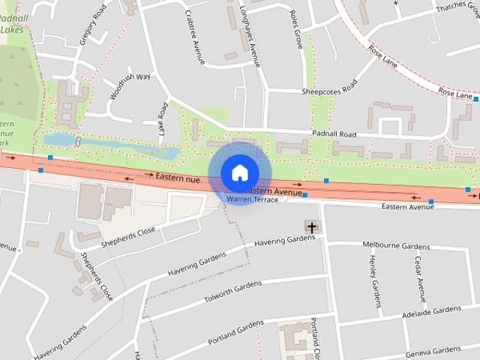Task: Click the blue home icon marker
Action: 239,173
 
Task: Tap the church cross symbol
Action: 311,226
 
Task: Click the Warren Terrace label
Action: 253,200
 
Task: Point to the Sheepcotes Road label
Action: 332,91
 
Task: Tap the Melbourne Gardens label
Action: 396,246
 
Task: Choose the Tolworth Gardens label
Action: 233,293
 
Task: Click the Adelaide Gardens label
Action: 431,310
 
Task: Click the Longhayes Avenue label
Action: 250,34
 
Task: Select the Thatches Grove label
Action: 457,7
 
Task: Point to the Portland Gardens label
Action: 237,328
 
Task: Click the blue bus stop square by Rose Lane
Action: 475,98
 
